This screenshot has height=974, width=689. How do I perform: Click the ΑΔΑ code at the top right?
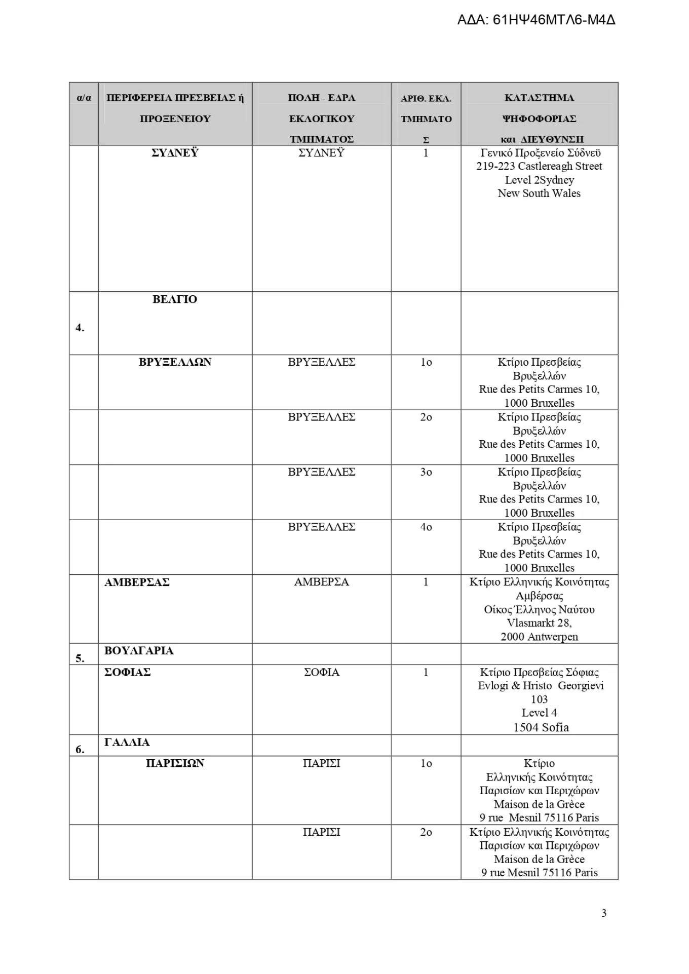point(536,20)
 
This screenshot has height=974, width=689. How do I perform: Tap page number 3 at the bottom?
point(603,913)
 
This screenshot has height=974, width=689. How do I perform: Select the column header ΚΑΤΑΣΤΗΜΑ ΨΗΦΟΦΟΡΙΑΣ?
point(539,108)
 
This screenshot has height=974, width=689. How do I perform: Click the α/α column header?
point(84,98)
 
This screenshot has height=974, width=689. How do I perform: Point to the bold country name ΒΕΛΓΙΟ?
point(175,299)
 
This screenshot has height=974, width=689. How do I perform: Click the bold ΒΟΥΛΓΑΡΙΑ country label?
point(139,650)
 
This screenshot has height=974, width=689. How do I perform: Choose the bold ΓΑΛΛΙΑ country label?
point(127,742)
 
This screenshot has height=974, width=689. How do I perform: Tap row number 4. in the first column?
point(80,328)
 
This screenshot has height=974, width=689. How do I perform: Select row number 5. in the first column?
point(80,658)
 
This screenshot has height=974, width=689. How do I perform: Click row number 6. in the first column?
point(80,749)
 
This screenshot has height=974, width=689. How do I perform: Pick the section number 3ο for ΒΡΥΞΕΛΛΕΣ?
point(426,472)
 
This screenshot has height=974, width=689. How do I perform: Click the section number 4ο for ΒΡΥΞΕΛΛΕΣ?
point(426,527)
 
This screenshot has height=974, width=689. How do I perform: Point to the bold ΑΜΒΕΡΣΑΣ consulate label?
point(137,582)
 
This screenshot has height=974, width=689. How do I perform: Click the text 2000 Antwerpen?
point(539,637)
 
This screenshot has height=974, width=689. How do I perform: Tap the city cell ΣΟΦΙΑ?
point(321,672)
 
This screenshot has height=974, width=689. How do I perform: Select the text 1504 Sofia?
point(541,727)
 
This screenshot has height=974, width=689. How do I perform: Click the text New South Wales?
point(539,193)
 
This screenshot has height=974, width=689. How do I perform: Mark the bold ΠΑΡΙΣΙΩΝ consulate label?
point(175,763)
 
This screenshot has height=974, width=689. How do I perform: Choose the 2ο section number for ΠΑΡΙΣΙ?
point(426,832)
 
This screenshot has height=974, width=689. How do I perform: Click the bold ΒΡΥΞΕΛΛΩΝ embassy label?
point(175,362)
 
